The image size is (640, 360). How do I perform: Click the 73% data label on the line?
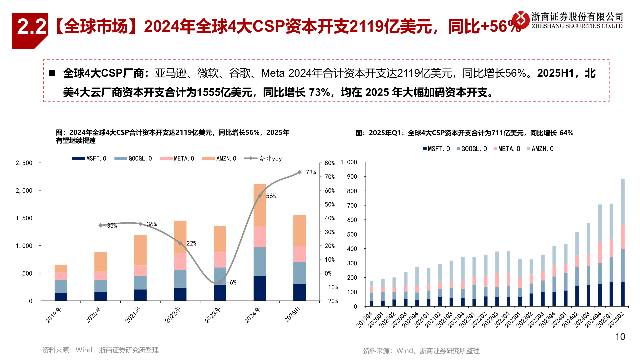click(311, 172)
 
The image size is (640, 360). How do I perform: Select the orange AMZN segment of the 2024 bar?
click(260, 205)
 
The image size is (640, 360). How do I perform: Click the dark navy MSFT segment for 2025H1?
click(299, 292)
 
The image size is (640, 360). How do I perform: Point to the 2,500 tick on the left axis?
click(24, 163)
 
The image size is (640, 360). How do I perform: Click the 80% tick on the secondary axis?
click(329, 163)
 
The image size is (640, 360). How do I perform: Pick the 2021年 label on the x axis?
click(133, 315)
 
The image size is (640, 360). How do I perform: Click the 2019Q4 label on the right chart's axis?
click(365, 319)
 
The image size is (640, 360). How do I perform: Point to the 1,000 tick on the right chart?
click(348, 162)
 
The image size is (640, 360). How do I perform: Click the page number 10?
click(620, 337)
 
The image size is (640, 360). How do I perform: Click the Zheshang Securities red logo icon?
click(521, 20)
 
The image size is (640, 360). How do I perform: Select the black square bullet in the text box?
click(52, 73)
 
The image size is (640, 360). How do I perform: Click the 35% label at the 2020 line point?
click(112, 226)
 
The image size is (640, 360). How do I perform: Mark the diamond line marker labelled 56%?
click(260, 196)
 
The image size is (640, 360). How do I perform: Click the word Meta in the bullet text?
click(273, 73)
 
